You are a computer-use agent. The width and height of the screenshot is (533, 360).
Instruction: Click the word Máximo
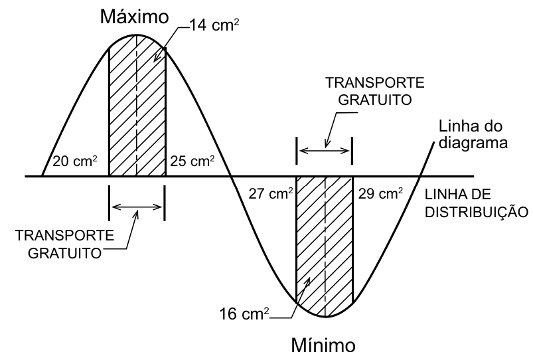[134, 17]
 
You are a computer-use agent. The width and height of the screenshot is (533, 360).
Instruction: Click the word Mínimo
[323, 345]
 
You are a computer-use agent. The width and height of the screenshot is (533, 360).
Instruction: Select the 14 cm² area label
[214, 25]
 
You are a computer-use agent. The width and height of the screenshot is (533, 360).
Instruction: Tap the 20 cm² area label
[75, 161]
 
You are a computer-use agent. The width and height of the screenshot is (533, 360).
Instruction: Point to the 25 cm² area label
[192, 161]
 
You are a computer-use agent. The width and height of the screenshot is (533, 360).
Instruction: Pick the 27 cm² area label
[271, 193]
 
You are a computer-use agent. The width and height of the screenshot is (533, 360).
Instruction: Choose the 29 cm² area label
[381, 193]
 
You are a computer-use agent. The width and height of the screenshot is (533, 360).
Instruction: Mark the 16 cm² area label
[244, 314]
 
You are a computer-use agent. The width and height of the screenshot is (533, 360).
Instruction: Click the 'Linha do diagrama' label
[473, 134]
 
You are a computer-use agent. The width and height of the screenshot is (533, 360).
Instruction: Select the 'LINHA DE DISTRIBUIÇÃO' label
[477, 203]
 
